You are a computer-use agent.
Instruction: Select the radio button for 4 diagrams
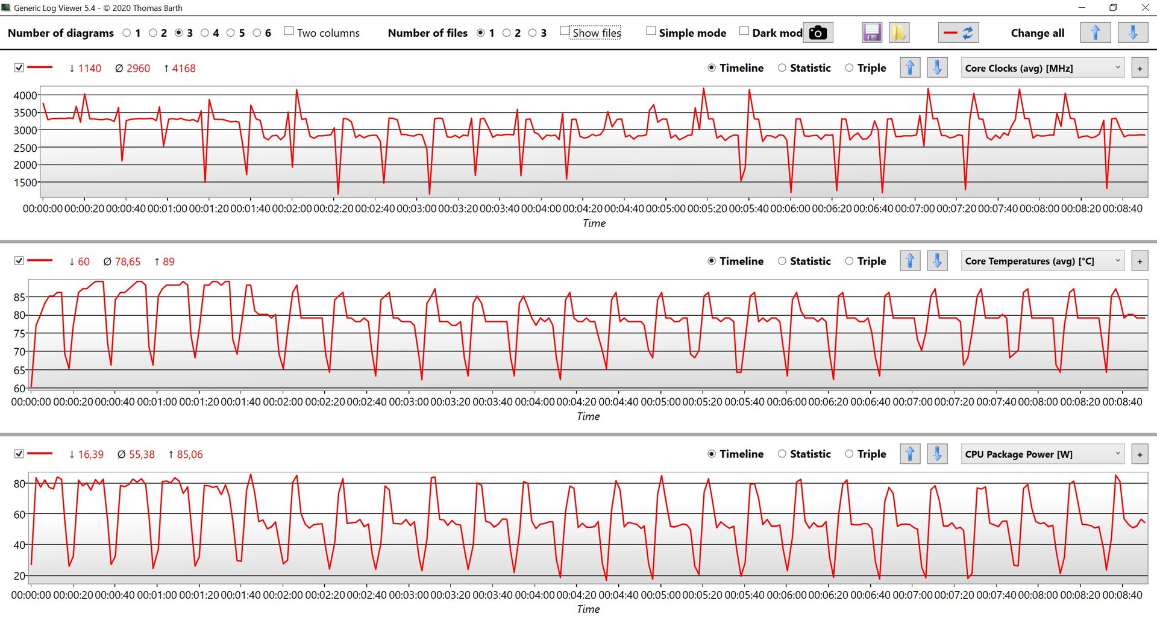coord(205,33)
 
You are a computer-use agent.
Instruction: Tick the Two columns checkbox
coord(289,31)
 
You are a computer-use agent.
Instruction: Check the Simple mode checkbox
coord(651,31)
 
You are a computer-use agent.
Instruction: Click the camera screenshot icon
coord(818,33)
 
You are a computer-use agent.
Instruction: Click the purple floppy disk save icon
coord(871,33)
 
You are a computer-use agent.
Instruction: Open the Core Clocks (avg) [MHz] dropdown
coord(1043,68)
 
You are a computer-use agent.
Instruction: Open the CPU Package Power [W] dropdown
coord(1043,454)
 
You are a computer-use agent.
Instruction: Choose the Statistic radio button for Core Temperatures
coord(782,261)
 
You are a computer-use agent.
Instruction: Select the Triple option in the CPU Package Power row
coord(849,454)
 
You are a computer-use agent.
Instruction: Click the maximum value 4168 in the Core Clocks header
coord(183,69)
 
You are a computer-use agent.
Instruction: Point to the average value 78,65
coord(127,262)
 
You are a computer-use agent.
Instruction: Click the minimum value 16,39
coord(90,455)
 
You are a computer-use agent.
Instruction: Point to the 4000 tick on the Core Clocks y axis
coord(25,95)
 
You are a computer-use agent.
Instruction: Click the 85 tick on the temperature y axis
coord(19,297)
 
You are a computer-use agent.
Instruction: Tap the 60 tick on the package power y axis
coord(19,515)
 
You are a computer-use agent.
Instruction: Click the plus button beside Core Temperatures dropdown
coord(1140,261)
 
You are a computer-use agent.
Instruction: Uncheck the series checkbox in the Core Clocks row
coord(19,68)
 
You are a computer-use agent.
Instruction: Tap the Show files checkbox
coord(565,31)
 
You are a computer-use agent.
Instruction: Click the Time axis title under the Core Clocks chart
coord(594,224)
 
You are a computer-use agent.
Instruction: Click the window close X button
coord(1145,8)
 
